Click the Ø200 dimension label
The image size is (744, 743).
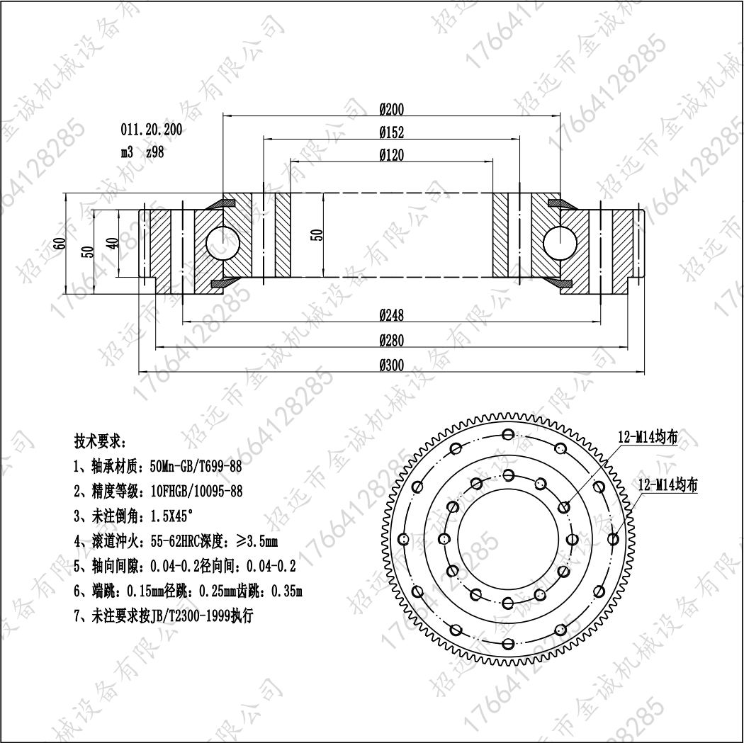(391, 110)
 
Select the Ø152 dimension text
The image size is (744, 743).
(391, 132)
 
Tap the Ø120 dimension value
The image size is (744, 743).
(391, 155)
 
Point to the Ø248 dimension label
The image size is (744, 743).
(391, 315)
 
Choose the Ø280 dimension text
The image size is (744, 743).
(391, 341)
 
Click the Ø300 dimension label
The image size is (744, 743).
(391, 365)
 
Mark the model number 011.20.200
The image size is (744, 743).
(152, 130)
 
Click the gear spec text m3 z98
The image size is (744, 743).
(142, 152)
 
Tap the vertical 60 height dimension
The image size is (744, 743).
(60, 243)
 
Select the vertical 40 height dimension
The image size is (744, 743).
(113, 243)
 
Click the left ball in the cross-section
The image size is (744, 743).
(223, 243)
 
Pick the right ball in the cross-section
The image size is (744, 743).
(560, 243)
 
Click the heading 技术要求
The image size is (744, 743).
(100, 441)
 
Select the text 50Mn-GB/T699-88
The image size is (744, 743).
(196, 467)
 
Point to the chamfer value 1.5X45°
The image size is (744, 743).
(171, 516)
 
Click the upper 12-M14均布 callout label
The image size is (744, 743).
(648, 437)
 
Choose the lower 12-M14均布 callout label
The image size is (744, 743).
(668, 484)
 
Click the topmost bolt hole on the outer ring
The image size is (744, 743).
(508, 434)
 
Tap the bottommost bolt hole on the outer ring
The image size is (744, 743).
(508, 644)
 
